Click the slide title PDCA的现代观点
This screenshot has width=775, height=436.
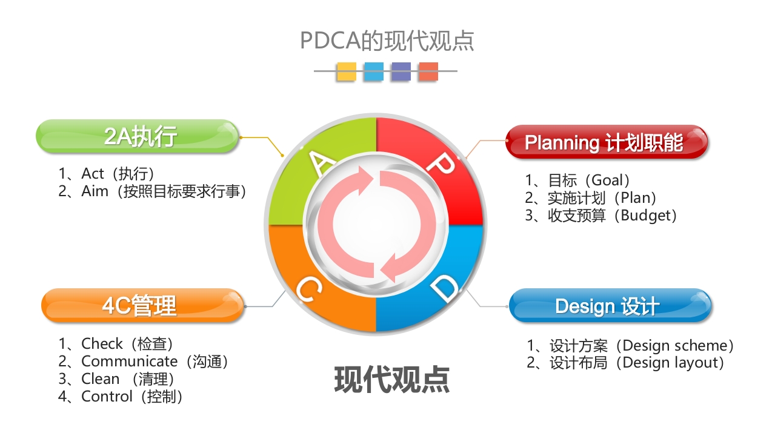coord(387,41)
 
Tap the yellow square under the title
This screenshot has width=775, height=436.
coord(347,71)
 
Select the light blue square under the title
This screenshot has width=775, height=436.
coord(373,71)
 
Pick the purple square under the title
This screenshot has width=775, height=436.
coord(401,71)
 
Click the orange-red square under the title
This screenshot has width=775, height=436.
coord(428,71)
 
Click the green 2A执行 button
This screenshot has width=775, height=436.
coord(139,136)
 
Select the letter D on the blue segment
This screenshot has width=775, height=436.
coord(447,289)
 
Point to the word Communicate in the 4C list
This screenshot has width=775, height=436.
coord(130,362)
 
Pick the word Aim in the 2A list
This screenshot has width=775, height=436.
coord(95,191)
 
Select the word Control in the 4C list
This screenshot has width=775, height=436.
coord(107,397)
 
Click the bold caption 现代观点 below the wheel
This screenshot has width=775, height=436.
coord(391,379)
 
